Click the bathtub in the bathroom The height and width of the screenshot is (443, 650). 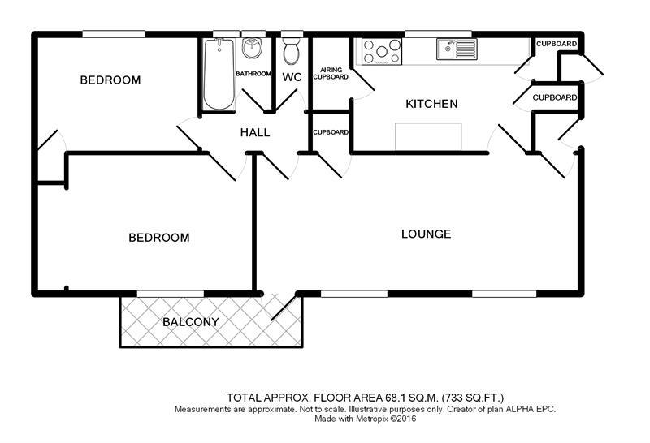[x=219, y=74]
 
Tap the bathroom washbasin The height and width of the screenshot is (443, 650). [x=251, y=48]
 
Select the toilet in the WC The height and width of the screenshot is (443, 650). [x=292, y=51]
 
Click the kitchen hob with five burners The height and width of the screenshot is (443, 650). [x=382, y=51]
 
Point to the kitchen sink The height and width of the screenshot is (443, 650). [x=457, y=49]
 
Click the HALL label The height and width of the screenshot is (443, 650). [x=255, y=132]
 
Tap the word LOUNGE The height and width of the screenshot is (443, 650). [x=426, y=234]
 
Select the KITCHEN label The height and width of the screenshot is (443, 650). [x=431, y=104]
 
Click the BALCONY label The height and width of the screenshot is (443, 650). [x=191, y=322]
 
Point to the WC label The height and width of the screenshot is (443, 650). [x=292, y=77]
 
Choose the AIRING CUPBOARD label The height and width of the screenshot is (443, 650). [x=331, y=73]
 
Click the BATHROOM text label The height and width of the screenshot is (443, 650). [x=253, y=74]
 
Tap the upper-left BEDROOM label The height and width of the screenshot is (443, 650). [x=110, y=80]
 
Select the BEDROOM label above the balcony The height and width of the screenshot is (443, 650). [x=159, y=238]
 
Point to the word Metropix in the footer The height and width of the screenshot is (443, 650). [x=372, y=419]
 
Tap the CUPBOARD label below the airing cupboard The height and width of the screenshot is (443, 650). [x=331, y=132]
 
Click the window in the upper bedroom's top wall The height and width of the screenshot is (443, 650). [x=114, y=34]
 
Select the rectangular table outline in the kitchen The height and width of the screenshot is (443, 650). [x=428, y=136]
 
